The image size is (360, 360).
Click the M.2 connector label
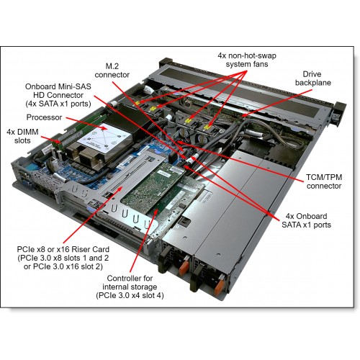pos(112,71)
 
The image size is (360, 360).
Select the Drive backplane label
pos(313,78)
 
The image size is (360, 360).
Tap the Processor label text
pos(44,117)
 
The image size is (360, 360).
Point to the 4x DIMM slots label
pos(22,136)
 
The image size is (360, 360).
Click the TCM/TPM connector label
pos(324,181)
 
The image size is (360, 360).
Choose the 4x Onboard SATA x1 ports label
pos(306,220)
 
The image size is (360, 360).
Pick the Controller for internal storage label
pos(130,287)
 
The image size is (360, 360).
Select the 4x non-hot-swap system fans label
pos(247,60)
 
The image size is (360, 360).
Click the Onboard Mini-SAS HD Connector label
pos(58,95)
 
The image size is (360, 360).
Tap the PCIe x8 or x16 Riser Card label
pos(63,258)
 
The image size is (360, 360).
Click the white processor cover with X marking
pos(104,138)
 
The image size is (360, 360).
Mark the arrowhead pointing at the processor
pos(104,127)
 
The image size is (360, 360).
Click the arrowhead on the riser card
pos(120,190)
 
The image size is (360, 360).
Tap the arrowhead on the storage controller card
pos(156,212)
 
